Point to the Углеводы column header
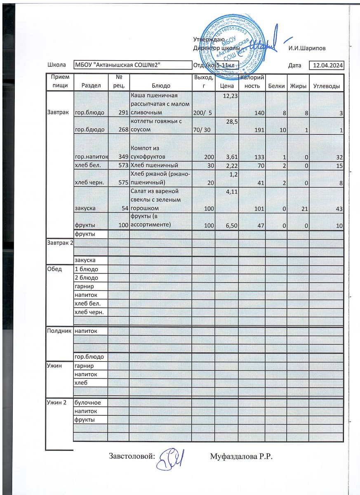coord(327,86)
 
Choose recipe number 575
coord(122,182)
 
